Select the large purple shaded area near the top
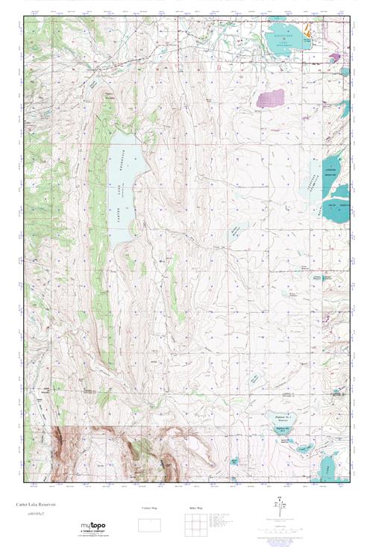click(x=271, y=98)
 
